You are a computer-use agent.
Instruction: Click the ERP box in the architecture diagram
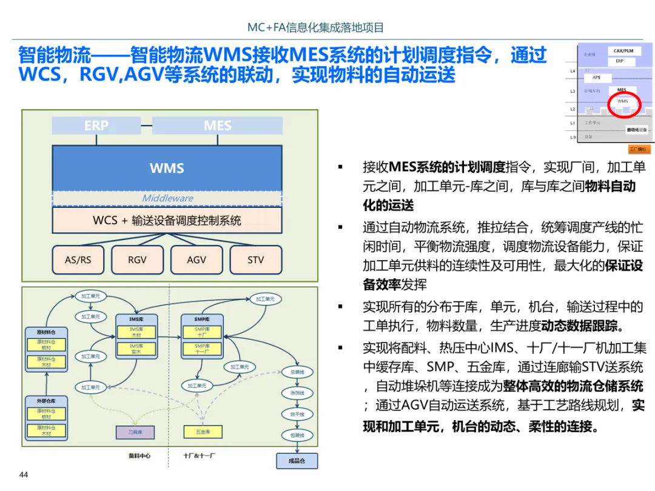(96, 125)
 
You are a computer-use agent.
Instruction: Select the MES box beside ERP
(217, 125)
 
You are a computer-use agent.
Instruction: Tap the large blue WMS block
(167, 168)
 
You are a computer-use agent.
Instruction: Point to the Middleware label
(167, 198)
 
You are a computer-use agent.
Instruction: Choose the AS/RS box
(78, 259)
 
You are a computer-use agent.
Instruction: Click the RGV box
(137, 259)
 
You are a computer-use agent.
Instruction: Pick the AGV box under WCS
(196, 259)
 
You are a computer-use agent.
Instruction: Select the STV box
(255, 259)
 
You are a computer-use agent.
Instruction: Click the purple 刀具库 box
(135, 432)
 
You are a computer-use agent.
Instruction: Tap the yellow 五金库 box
(203, 432)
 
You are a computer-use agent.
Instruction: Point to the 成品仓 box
(297, 461)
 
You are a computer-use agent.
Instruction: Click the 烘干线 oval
(297, 414)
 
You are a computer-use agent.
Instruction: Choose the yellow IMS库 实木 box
(136, 349)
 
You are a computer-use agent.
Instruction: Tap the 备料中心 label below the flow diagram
(139, 455)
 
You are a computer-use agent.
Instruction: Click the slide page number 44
(24, 475)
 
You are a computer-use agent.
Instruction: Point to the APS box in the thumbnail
(597, 78)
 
